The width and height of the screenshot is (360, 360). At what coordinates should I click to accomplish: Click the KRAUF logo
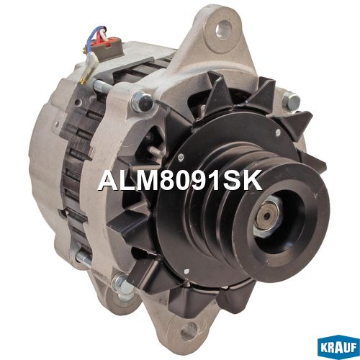click(338, 347)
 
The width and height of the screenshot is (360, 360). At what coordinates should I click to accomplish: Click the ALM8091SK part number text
click(179, 181)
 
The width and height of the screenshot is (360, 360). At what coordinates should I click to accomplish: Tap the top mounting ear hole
click(223, 29)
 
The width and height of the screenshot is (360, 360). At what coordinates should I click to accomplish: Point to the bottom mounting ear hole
click(189, 329)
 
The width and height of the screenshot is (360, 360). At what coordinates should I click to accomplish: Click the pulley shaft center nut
click(266, 215)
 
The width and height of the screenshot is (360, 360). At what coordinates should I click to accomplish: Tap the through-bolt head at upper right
click(291, 101)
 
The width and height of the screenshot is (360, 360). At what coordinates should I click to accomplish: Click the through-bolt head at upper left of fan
click(142, 102)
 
